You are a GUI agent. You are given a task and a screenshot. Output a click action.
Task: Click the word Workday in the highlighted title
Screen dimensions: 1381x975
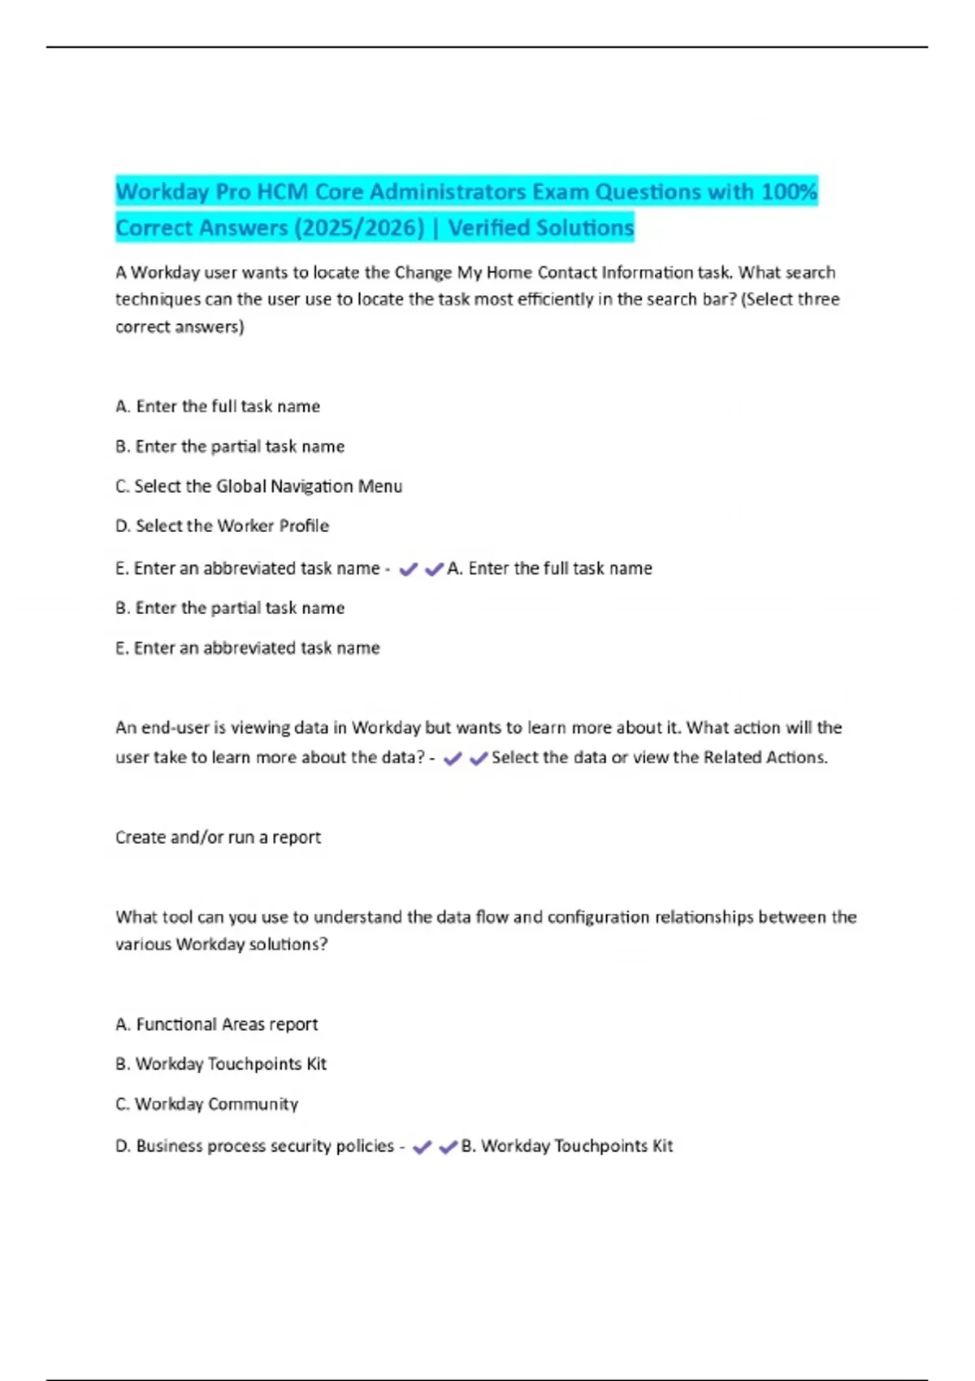click(x=162, y=193)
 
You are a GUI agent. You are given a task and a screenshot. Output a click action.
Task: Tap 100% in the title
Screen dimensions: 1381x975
click(x=789, y=193)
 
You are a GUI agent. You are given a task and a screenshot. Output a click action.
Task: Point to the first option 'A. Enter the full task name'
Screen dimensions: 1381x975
click(x=218, y=406)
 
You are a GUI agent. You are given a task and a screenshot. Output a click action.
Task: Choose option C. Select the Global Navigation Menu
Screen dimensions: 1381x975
click(x=258, y=487)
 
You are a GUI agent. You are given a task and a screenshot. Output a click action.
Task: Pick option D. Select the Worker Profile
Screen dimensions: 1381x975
click(x=222, y=526)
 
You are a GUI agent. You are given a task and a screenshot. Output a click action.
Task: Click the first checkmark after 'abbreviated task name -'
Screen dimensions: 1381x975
click(x=408, y=569)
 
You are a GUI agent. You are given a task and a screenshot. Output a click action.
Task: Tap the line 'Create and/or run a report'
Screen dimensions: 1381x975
click(x=218, y=838)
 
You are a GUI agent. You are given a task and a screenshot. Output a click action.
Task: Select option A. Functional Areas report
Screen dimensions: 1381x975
click(x=216, y=1024)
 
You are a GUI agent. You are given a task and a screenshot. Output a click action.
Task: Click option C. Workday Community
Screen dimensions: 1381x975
click(x=206, y=1104)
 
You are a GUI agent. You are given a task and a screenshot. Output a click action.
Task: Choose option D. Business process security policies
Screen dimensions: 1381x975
click(x=254, y=1146)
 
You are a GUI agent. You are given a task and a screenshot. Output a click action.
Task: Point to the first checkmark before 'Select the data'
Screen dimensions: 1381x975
click(x=453, y=759)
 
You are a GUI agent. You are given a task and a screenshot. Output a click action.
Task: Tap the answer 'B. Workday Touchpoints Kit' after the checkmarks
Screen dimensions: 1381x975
click(x=567, y=1146)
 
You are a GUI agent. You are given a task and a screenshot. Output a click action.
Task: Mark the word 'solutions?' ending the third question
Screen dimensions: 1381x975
click(x=288, y=945)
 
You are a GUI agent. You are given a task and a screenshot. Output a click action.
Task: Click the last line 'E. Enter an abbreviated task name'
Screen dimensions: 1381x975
click(x=247, y=648)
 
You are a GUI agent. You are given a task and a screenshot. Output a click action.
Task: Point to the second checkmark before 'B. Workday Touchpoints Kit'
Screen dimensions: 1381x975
click(x=448, y=1147)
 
